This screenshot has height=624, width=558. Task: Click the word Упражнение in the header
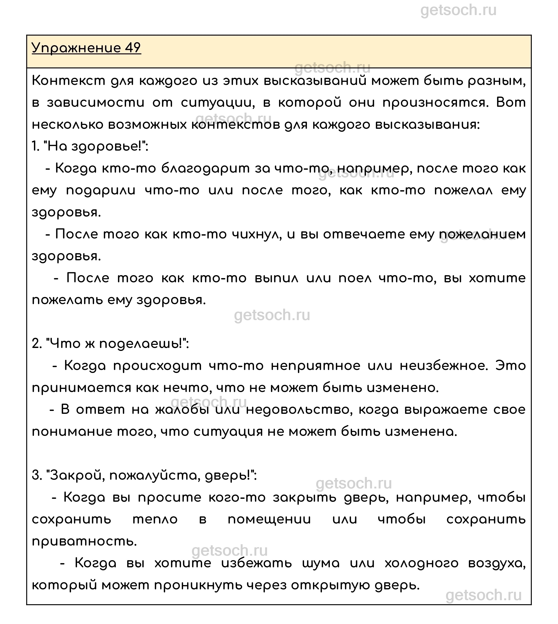click(76, 48)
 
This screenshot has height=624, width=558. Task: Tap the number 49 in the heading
click(133, 48)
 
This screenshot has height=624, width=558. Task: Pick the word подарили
click(101, 191)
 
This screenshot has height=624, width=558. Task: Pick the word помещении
click(269, 520)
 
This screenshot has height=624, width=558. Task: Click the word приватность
click(84, 542)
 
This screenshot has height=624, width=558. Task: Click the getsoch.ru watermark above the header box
click(458, 11)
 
